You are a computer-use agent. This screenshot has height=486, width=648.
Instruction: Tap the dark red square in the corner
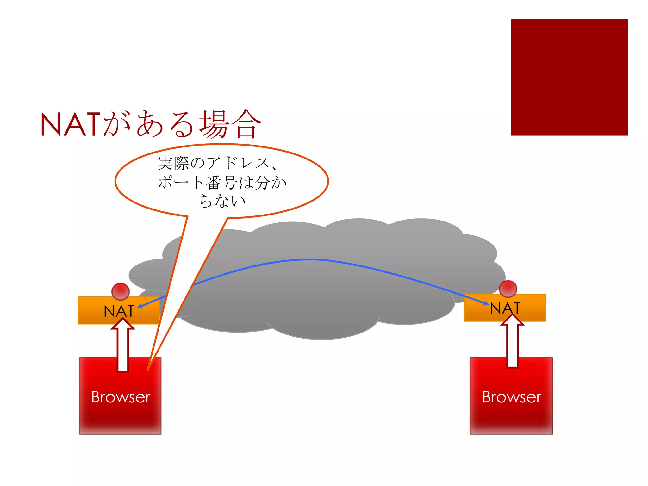click(x=569, y=77)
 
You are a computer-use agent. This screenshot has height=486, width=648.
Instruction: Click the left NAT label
click(x=119, y=311)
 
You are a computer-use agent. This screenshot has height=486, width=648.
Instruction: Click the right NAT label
click(x=505, y=308)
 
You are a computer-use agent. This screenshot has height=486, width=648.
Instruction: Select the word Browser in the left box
click(x=121, y=397)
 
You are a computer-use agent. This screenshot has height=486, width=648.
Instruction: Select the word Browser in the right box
click(x=511, y=397)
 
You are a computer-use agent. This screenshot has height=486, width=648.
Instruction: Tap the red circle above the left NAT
click(x=121, y=291)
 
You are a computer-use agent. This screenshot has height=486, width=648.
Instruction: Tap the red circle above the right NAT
click(x=508, y=289)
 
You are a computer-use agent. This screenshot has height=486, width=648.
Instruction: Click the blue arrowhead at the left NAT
click(x=139, y=306)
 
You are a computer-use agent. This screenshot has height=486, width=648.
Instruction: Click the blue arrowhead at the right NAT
click(x=486, y=303)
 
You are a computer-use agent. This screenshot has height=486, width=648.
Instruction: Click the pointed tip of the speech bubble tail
click(x=148, y=370)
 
